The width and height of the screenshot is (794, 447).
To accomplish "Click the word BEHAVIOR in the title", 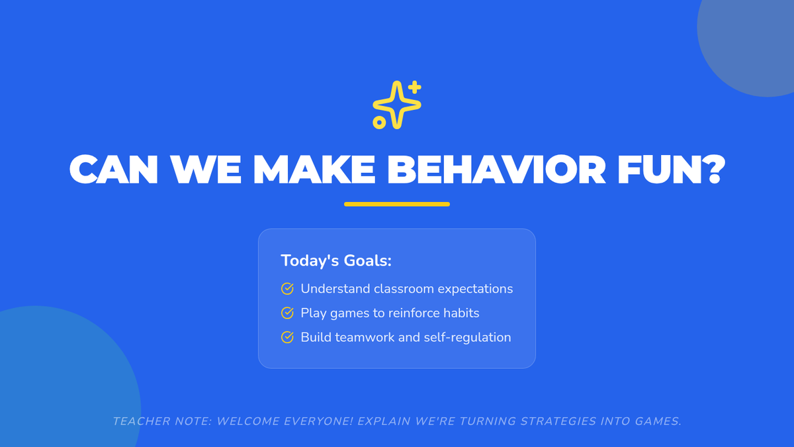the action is (496, 170).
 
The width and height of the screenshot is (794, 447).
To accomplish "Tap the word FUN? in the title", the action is (671, 170).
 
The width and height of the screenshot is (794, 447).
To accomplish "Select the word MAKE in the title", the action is (314, 170).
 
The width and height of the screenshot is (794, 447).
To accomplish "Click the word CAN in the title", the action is (113, 170).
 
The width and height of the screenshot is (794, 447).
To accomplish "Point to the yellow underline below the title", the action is (396, 204).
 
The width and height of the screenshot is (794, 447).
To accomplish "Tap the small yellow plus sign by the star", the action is (414, 87).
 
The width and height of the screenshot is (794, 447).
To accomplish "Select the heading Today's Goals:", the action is (336, 260).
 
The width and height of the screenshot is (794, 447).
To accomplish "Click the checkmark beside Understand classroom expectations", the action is (287, 289).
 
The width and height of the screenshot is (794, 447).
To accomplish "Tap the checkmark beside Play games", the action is (287, 313).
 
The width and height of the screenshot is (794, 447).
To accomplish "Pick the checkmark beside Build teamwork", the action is (287, 337).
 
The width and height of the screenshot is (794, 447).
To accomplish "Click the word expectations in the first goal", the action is (475, 289).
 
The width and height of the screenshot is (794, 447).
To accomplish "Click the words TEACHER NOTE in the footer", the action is (162, 421).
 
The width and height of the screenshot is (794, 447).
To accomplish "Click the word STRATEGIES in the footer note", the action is (558, 421).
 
